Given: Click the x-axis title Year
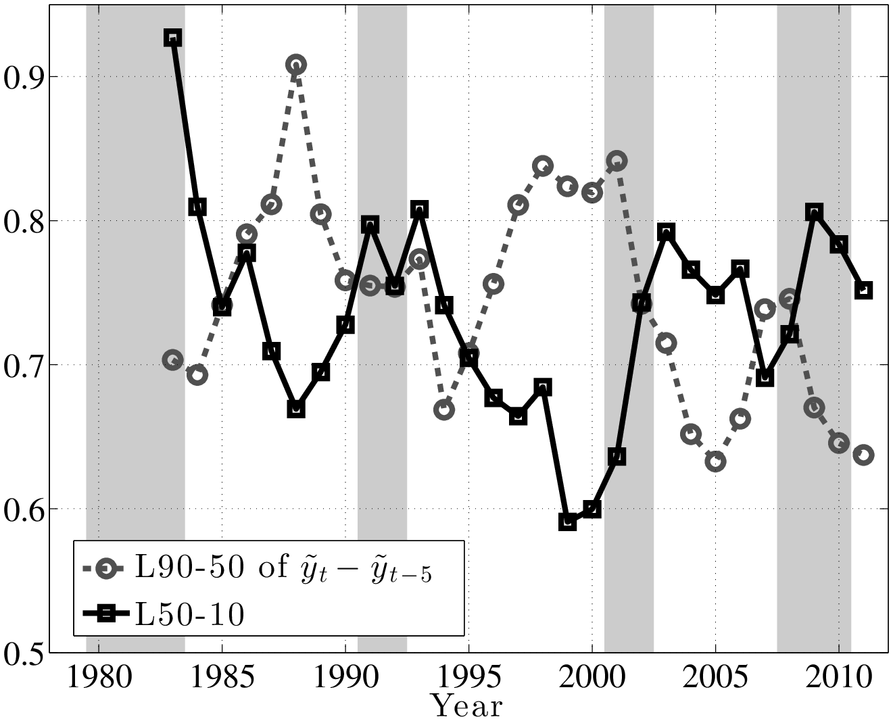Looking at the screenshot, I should pyautogui.click(x=467, y=706).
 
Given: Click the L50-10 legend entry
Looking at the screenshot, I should pyautogui.click(x=190, y=614).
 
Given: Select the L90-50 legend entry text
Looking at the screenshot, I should pyautogui.click(x=283, y=567).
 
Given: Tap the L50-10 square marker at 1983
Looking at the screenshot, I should pyautogui.click(x=172, y=38).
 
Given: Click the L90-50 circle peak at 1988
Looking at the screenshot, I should pyautogui.click(x=295, y=65).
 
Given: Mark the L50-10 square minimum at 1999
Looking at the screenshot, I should pyautogui.click(x=567, y=522).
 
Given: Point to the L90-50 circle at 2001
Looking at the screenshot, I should pyautogui.click(x=617, y=161).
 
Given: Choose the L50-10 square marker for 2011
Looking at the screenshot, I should pyautogui.click(x=863, y=290).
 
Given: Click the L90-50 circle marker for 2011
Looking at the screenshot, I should pyautogui.click(x=863, y=455).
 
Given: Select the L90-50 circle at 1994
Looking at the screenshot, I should pyautogui.click(x=444, y=409).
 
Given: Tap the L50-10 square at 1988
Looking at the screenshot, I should pyautogui.click(x=295, y=409).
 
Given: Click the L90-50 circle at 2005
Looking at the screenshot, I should pyautogui.click(x=715, y=462).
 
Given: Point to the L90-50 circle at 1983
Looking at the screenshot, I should pyautogui.click(x=172, y=360).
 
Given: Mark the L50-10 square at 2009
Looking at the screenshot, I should pyautogui.click(x=814, y=212).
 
